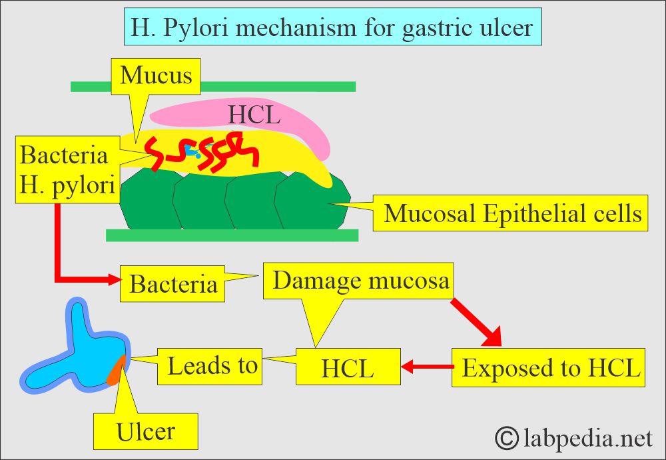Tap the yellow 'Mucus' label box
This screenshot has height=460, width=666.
coord(156,75)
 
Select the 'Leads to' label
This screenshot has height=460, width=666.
coord(212,366)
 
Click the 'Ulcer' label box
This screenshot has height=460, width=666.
coord(146,430)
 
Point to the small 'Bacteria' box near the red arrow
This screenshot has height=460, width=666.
coord(172,285)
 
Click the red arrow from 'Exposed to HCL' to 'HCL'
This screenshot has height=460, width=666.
coord(426,366)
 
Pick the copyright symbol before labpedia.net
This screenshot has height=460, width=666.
coord(508,438)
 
